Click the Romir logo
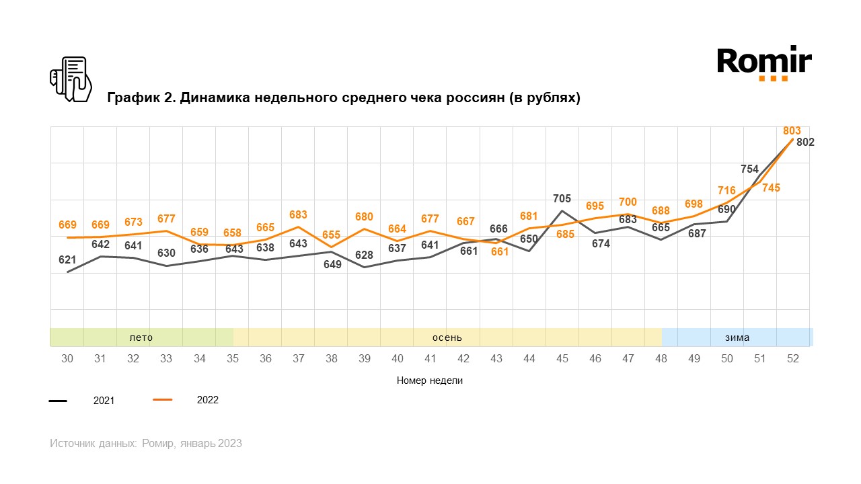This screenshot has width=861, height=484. pos(764,63)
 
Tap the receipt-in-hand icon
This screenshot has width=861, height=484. pos(71,79)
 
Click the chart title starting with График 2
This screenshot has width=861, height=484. pos(344,98)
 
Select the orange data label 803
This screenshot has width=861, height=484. pos(792,130)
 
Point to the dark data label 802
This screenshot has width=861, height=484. pos(805,143)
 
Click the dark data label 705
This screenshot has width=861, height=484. pos(562,198)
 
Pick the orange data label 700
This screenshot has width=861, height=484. pos(628,202)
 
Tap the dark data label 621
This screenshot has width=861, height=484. pos(67,259)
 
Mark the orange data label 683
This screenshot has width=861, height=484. pos(298,215)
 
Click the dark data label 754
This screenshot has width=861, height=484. pos(749,169)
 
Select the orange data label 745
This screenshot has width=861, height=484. pos(771,188)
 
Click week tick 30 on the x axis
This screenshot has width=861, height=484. pos(67,359)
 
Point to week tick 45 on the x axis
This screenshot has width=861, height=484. pos(562,359)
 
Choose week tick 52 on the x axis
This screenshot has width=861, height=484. pos(792,359)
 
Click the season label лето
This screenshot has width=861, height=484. pos(141,337)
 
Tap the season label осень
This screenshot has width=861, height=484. pos(447,337)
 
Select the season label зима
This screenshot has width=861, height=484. pos(737,337)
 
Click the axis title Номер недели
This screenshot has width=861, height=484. pos(430,380)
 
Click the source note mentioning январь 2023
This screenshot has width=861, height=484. pos(146,444)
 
